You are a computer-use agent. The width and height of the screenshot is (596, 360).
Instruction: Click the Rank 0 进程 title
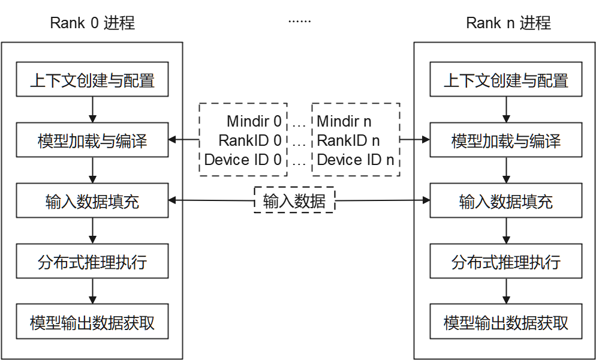point(92,23)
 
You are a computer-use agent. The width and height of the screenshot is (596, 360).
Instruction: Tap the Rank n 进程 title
point(508,23)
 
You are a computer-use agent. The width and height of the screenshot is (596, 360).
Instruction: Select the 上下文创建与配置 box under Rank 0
point(92,80)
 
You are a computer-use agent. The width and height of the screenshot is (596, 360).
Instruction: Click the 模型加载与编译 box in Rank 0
point(92,140)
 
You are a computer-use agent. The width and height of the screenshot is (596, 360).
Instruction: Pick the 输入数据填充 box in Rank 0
point(92,201)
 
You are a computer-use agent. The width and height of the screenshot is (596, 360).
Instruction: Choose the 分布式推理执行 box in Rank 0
point(92,262)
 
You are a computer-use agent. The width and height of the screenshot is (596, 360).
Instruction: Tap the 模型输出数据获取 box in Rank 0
point(92,322)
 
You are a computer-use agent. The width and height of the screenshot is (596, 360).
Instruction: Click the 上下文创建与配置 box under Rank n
point(505,80)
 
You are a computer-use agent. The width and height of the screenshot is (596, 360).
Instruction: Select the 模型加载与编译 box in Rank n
point(505,140)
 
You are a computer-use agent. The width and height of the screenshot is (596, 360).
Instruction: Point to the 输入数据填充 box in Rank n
point(505,201)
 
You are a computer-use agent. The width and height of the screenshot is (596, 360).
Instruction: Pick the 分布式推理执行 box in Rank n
point(505,262)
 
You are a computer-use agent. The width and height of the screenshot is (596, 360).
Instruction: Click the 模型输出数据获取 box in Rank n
point(505,322)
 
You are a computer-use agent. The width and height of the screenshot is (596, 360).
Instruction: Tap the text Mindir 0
point(254,121)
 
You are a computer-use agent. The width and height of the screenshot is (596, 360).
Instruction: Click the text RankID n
point(348,140)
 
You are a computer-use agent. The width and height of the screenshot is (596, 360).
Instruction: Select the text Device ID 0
point(243,160)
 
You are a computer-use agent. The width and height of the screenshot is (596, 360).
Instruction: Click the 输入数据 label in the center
point(294,202)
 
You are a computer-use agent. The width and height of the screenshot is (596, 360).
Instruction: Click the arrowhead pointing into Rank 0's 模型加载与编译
point(173,140)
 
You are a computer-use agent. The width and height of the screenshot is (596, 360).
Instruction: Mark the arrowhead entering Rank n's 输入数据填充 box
point(426,201)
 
